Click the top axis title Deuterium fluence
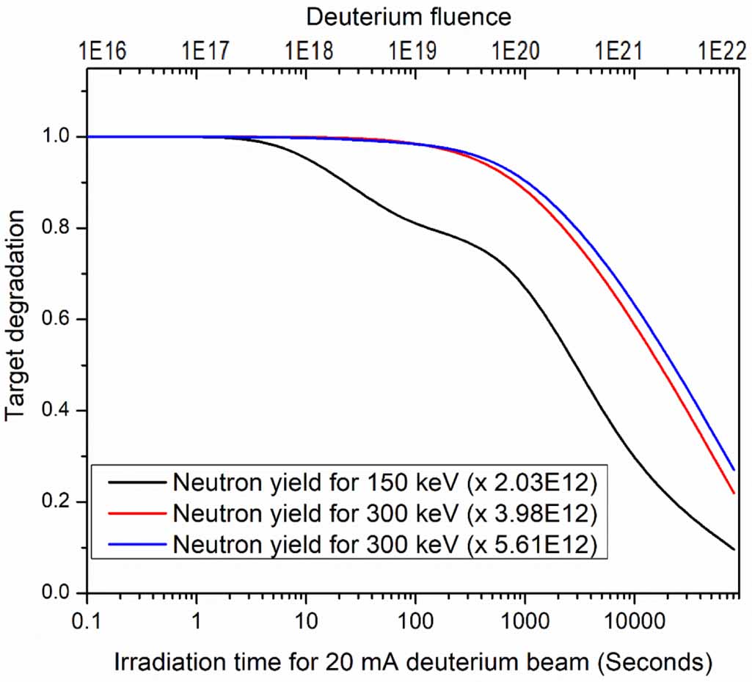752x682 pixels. tap(409, 15)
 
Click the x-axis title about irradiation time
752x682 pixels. tap(413, 661)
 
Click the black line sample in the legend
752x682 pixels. tap(136, 482)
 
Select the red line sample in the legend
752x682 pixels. tap(136, 513)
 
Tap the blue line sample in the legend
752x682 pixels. tap(136, 544)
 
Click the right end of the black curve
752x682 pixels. tap(734, 549)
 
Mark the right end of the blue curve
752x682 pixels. tap(734, 469)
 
